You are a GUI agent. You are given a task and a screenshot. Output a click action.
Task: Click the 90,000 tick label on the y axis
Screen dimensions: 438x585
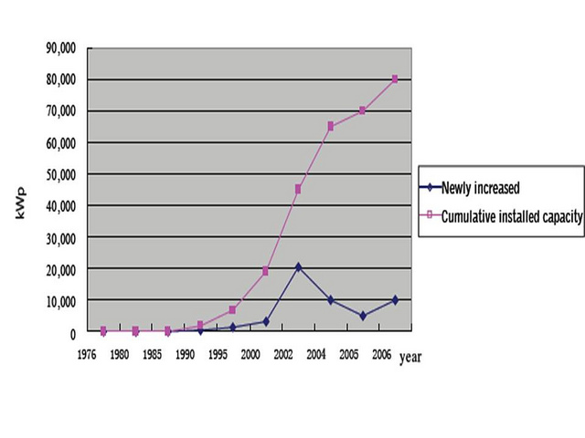point(60,47)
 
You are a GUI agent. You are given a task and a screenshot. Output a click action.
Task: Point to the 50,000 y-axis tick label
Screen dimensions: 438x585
point(60,174)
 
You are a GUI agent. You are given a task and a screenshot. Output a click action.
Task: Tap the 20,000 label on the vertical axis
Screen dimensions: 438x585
point(60,269)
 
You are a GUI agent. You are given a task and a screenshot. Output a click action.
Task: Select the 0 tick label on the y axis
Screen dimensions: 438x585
point(73,333)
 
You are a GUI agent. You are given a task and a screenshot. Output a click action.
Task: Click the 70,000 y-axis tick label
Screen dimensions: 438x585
point(60,111)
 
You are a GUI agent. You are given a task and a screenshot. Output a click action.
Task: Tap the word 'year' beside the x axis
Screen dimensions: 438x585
point(410,358)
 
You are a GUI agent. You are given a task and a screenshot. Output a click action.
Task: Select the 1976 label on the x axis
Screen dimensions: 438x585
point(87,354)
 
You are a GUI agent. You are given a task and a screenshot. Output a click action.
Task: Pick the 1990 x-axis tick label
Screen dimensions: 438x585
point(185,354)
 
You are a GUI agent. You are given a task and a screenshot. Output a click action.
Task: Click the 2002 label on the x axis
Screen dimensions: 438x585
point(282,354)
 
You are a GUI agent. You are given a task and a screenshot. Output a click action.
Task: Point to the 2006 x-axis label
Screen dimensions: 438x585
point(380,354)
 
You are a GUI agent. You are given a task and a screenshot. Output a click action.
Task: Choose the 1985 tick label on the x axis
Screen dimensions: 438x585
point(152,354)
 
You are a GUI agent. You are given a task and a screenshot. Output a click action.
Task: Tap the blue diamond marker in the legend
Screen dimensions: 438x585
point(430,189)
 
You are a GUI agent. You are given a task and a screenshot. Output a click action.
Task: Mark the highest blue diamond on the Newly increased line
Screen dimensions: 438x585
point(298,266)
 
